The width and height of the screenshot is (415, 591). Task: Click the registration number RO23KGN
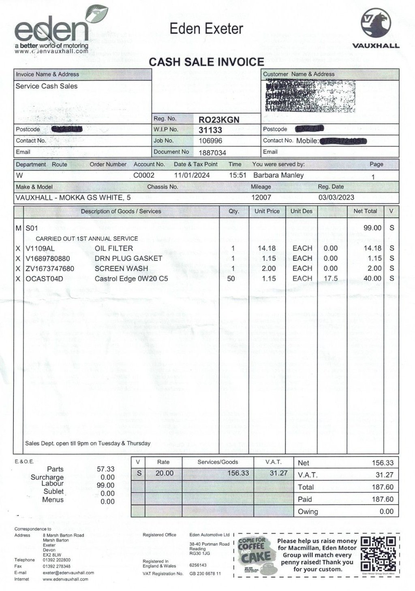tap(219, 119)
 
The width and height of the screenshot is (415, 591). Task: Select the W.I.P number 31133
tap(210, 130)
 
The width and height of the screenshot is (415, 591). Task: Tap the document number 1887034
tap(212, 153)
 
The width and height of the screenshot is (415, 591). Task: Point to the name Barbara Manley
tap(278, 175)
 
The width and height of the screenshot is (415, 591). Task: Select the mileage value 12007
tap(261, 198)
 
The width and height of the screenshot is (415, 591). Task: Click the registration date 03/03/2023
tap(336, 198)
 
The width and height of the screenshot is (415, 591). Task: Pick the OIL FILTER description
tap(114, 248)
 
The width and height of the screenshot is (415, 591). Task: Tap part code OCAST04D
tap(44, 278)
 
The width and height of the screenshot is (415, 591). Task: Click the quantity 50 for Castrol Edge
tap(231, 278)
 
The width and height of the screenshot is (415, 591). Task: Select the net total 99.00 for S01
tap(372, 228)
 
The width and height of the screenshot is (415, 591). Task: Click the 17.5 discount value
tap(331, 278)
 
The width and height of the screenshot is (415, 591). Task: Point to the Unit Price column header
tap(267, 211)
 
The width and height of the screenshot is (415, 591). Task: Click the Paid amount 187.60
tap(383, 499)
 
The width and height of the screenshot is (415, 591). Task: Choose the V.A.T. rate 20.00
tap(164, 473)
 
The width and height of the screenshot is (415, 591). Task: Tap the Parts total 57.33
tap(105, 469)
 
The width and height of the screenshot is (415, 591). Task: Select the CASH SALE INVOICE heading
tap(206, 62)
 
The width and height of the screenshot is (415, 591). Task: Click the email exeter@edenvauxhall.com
tap(68, 572)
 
